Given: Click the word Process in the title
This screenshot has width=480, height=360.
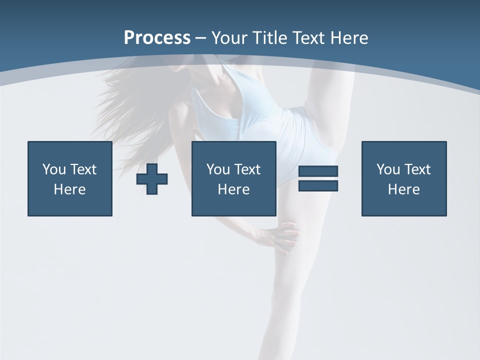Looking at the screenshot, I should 157,38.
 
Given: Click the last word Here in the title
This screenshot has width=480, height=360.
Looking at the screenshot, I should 348,38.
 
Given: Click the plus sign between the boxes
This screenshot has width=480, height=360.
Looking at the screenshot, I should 152,179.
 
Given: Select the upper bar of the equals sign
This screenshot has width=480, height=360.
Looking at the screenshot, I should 318,171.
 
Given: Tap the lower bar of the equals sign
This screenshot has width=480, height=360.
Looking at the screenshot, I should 318,185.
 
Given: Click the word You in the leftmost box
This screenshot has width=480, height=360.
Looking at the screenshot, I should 54,169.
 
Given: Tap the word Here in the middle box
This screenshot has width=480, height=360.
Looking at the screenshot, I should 234,189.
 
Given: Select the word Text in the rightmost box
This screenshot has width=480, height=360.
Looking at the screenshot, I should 417,169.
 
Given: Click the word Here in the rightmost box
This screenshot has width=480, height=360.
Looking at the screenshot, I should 404,189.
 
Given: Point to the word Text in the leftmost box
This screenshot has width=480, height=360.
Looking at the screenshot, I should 83,169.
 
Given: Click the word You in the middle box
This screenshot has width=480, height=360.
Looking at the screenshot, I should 218,169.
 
